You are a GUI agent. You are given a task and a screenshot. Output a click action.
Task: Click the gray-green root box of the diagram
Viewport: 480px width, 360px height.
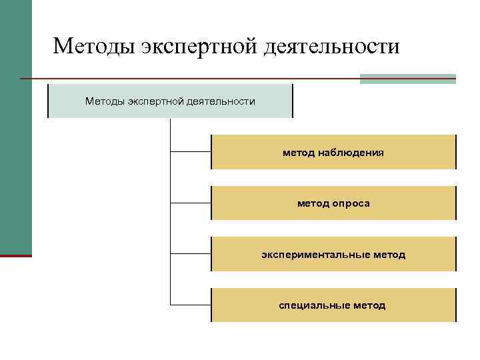click(x=170, y=101)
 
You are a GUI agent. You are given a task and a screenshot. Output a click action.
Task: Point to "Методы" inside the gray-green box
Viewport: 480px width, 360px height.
click(x=105, y=101)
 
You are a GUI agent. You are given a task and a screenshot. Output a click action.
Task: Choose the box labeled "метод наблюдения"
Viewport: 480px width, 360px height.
click(x=333, y=153)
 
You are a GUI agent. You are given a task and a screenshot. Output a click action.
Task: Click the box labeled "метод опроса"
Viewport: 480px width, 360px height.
click(x=333, y=203)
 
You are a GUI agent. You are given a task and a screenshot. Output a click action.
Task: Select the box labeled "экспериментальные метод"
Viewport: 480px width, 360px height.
click(x=333, y=255)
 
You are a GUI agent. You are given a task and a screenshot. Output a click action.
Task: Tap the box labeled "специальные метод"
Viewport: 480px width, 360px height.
click(x=333, y=305)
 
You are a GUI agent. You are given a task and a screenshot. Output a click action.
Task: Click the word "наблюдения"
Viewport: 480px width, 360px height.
click(x=351, y=153)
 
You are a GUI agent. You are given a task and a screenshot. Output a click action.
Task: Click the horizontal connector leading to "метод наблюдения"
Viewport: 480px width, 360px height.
click(x=191, y=152)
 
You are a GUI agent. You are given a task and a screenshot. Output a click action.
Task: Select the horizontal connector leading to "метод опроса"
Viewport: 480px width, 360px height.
click(x=191, y=203)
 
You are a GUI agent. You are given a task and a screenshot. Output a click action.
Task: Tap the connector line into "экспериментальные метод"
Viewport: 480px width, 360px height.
click(x=191, y=254)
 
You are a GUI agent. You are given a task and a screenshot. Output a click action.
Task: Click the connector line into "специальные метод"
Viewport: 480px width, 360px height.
click(x=191, y=305)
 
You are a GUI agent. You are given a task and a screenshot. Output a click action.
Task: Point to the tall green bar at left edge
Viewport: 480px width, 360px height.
click(x=15, y=127)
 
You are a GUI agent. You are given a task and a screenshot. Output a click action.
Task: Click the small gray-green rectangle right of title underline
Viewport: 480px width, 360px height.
click(x=407, y=79)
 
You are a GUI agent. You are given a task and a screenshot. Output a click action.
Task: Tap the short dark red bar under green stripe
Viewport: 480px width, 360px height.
click(x=15, y=255)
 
